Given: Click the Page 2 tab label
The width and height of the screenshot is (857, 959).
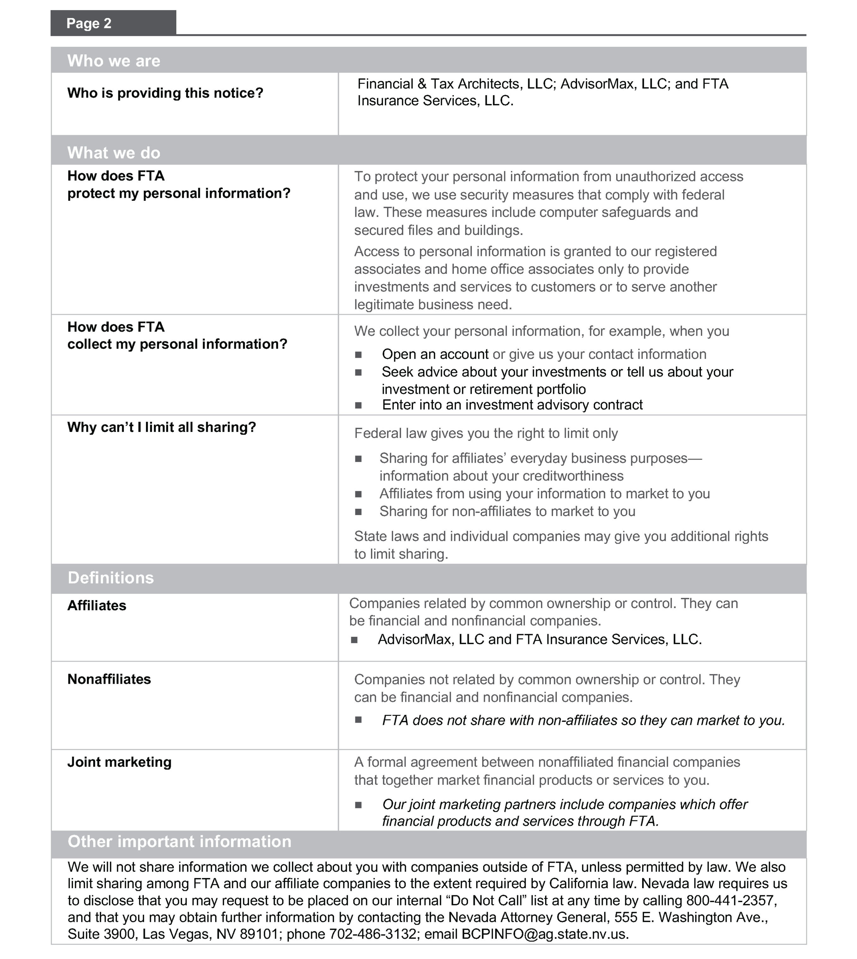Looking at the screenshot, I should click(x=89, y=23).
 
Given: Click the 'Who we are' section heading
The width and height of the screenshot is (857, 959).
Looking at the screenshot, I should click(x=113, y=61).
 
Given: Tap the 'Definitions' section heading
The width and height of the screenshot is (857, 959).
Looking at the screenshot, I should click(x=111, y=578).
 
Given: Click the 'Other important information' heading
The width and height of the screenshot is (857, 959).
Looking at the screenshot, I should click(x=179, y=841).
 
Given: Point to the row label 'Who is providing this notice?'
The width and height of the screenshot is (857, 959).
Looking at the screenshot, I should click(x=165, y=93).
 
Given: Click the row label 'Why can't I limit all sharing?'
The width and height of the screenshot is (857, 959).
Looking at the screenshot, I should click(x=161, y=427).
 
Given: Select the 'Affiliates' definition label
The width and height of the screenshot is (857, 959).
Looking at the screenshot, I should click(x=97, y=605).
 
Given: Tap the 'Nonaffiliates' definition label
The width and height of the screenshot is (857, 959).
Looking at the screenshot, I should click(x=109, y=679).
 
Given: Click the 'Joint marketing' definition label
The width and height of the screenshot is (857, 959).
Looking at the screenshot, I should click(x=119, y=762).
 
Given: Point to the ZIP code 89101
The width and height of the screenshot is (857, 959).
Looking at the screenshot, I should click(x=261, y=934).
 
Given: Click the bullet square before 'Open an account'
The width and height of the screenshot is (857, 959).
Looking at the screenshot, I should click(x=358, y=354).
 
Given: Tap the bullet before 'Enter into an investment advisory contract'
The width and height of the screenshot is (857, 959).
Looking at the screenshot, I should click(x=358, y=405).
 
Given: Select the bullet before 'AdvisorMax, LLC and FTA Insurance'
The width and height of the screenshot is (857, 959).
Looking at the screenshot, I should click(x=355, y=640).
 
